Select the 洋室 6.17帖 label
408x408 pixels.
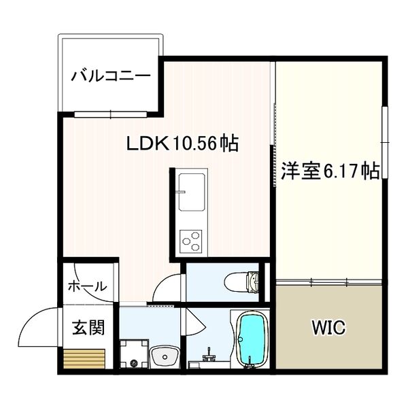[x=330, y=170]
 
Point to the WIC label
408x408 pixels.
[x=328, y=328]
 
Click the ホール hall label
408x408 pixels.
[x=87, y=286]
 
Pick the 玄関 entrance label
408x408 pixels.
[x=88, y=328]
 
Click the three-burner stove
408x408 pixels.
[x=190, y=240]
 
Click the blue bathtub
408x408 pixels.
[x=253, y=340]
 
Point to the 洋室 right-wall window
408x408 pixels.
[x=385, y=143]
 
